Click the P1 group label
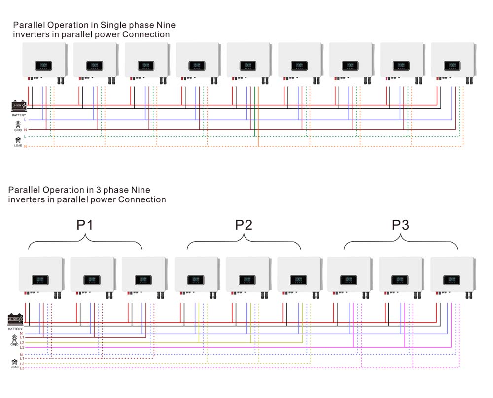(x=85, y=225)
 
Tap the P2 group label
(x=243, y=225)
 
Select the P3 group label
(x=400, y=225)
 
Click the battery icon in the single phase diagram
(x=18, y=106)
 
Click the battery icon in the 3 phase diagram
(x=15, y=320)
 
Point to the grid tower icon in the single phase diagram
(x=18, y=125)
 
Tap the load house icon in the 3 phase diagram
(x=14, y=362)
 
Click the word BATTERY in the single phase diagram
(x=19, y=115)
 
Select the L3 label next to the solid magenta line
(x=22, y=348)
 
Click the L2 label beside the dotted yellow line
(x=22, y=364)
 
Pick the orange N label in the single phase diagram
(x=25, y=147)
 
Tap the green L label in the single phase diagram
(x=25, y=136)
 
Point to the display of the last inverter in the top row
(x=451, y=66)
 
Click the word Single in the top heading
(x=115, y=25)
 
